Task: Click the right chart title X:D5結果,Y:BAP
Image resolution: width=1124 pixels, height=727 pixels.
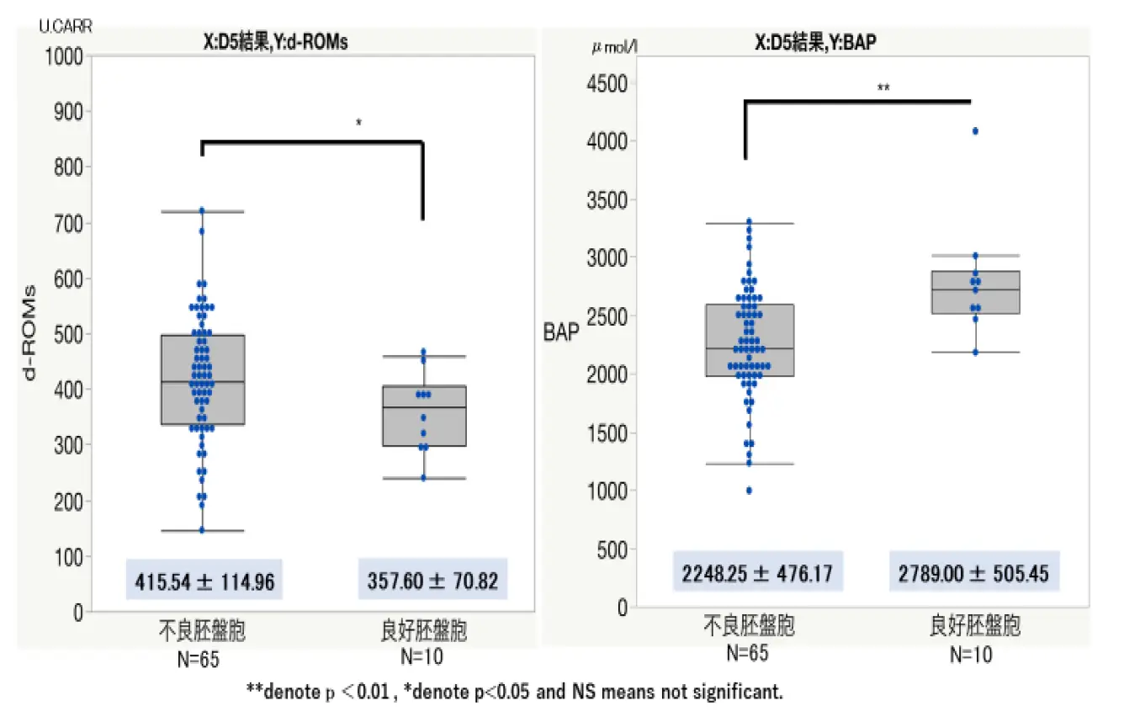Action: (814, 43)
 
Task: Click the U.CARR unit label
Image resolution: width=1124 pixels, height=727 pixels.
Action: (65, 26)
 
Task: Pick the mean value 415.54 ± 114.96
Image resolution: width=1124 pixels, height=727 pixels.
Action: (204, 581)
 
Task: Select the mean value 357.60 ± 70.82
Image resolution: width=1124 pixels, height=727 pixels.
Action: (432, 581)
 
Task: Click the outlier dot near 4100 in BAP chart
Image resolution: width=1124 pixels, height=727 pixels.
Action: (975, 131)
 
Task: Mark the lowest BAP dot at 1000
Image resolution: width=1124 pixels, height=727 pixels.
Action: (748, 491)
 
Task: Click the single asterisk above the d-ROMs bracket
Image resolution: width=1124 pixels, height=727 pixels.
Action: (359, 124)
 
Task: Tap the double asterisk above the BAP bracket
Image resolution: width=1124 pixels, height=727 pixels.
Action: (883, 88)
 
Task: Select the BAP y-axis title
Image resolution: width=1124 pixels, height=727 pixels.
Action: (562, 333)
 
